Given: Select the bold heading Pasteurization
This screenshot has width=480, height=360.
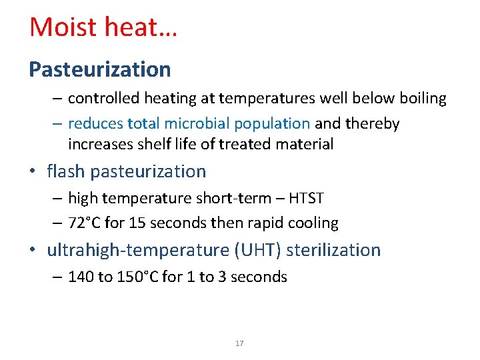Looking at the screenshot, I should pyautogui.click(x=99, y=69).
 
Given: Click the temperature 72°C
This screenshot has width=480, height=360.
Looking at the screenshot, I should pyautogui.click(x=87, y=223).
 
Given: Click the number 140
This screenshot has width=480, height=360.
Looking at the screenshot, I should pyautogui.click(x=81, y=277).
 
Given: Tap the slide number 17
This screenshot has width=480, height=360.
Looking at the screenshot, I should pyautogui.click(x=240, y=343).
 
